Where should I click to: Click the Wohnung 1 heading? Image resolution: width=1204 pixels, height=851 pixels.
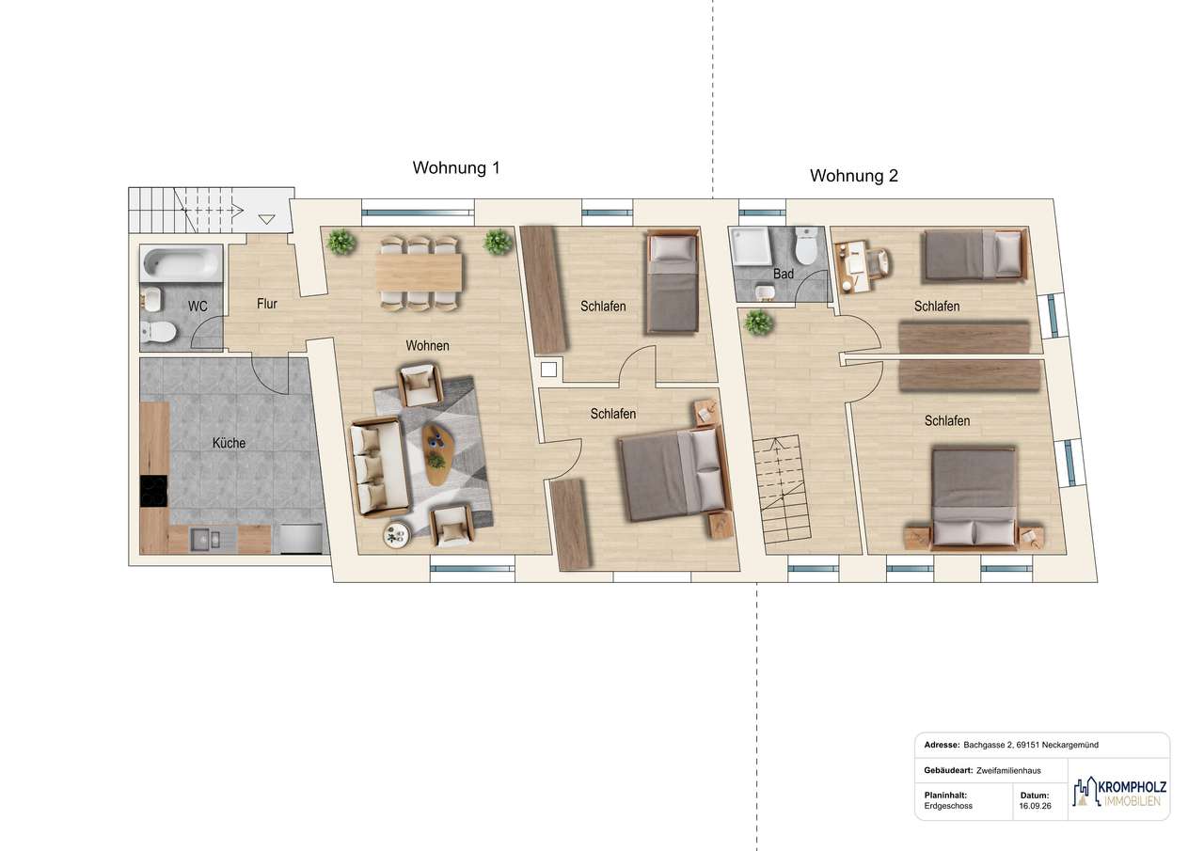[456, 167]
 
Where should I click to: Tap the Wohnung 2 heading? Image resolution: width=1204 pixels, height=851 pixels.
[853, 176]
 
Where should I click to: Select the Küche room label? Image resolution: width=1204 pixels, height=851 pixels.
[229, 443]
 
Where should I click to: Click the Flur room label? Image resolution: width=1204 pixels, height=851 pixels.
[266, 304]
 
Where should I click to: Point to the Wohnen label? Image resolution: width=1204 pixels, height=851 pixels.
[427, 345]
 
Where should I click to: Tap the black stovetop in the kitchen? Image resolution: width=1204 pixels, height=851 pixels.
[153, 491]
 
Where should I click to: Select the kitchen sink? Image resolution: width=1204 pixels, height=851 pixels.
[205, 540]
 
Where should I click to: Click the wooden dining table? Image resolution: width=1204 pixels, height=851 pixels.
[419, 273]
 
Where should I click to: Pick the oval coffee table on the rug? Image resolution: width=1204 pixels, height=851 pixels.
[436, 454]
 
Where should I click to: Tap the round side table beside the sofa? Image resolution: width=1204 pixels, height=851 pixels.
[397, 535]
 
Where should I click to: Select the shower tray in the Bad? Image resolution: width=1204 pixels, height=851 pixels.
[752, 246]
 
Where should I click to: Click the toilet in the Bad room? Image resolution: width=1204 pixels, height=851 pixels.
[806, 245]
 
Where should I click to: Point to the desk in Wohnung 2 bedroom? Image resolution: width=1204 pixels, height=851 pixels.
[852, 267]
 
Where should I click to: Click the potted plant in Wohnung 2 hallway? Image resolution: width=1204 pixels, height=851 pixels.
[758, 323]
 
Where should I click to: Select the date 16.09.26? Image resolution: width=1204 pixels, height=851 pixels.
[1035, 806]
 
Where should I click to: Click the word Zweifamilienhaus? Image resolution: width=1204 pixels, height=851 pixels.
[1008, 770]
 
